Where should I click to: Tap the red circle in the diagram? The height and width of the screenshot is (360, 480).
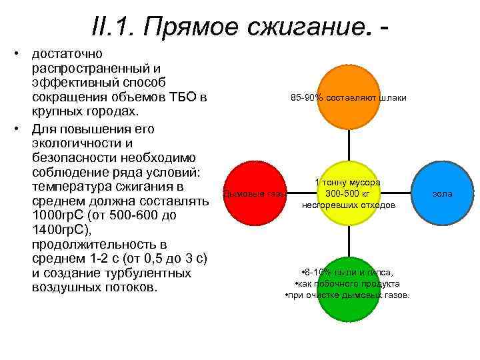click(x=254, y=193)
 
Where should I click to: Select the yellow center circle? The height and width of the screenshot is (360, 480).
click(x=349, y=194)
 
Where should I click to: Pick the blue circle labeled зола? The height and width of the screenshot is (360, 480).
click(x=442, y=194)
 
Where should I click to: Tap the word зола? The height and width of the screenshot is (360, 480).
click(x=442, y=194)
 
